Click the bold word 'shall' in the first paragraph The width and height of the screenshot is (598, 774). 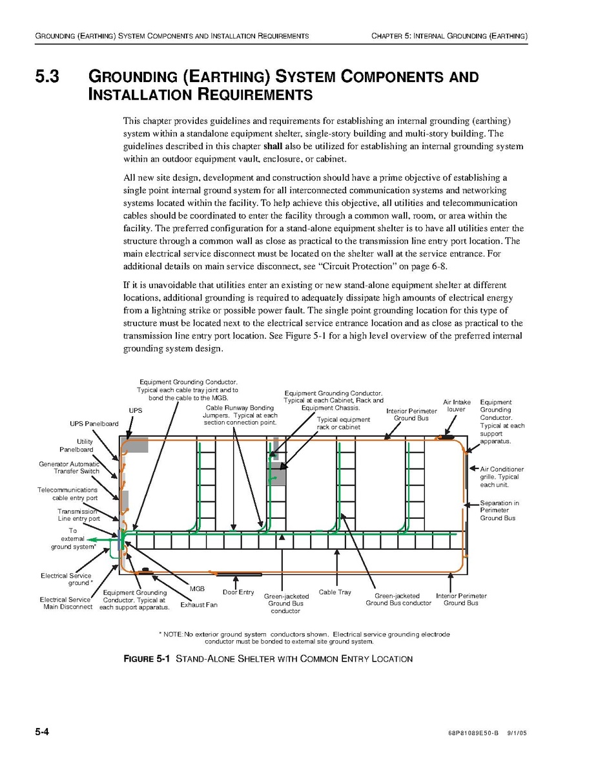265,146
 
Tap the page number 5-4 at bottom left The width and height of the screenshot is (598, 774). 43,732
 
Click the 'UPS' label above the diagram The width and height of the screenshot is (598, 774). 135,410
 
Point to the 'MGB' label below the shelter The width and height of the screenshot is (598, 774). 197,589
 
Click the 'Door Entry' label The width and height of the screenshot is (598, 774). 238,592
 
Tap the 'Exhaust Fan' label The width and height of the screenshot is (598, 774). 199,605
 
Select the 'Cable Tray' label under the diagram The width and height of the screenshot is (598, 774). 335,592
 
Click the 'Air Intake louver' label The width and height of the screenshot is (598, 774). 457,406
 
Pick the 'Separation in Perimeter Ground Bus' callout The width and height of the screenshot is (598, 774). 499,510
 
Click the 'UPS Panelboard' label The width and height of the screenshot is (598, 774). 94,424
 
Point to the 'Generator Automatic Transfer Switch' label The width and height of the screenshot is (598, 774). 69,468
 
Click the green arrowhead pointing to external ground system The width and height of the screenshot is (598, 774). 91,539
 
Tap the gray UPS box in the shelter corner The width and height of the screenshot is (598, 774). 136,445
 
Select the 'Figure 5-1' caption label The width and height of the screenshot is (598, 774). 146,659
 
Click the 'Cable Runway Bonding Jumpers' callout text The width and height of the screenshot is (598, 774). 240,415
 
